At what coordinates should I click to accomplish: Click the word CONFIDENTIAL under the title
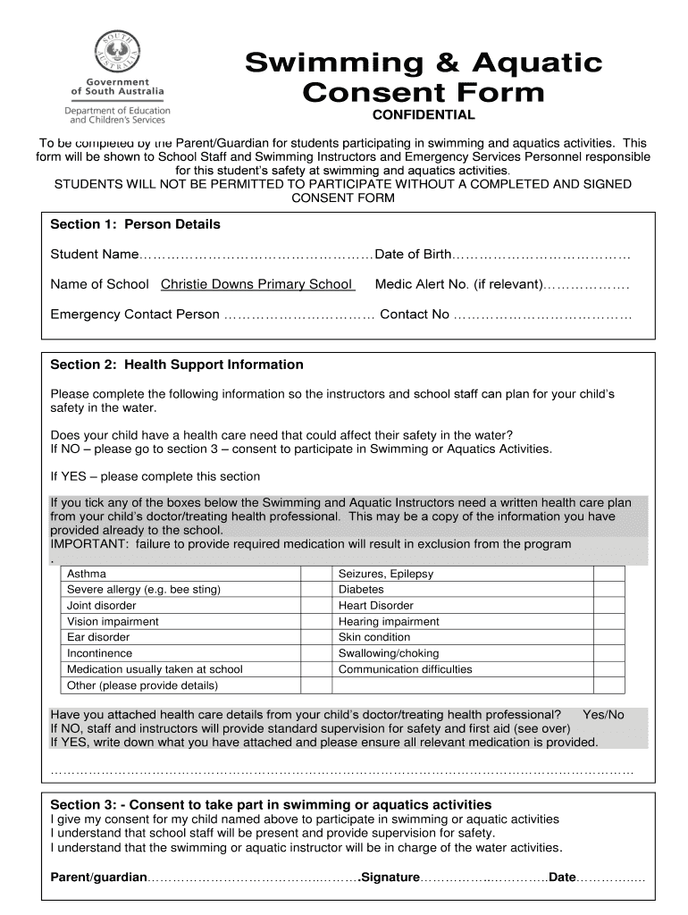424,115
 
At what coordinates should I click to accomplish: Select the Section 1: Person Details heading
135,224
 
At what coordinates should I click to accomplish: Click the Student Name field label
94,255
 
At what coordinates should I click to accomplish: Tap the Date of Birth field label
414,255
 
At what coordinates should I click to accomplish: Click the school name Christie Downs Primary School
256,284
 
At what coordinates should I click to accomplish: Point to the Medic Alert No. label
458,284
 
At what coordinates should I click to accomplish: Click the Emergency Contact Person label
135,315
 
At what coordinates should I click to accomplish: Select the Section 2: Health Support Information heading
177,365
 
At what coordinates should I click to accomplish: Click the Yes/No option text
603,715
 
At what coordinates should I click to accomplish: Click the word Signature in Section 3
390,877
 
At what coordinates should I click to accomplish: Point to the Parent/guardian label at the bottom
98,877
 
